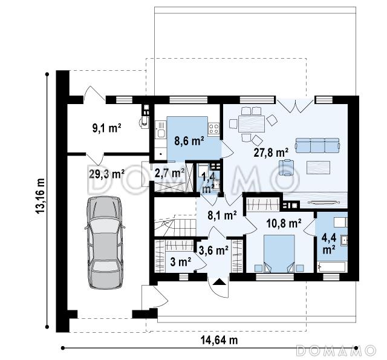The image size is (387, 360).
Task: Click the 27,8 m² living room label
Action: [x=271, y=152]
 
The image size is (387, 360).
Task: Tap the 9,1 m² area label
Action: [x=106, y=128]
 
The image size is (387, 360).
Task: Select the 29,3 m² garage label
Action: [x=106, y=174]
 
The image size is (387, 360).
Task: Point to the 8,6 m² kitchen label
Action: [x=189, y=141]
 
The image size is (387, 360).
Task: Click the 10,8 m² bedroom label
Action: [x=284, y=223]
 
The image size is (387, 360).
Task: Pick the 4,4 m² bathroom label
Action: [x=329, y=244]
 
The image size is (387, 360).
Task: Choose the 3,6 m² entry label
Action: [x=213, y=250]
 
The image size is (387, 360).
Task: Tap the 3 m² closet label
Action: [x=181, y=262]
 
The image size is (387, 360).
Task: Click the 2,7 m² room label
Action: [x=169, y=173]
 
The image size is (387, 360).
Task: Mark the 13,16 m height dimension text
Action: [x=40, y=196]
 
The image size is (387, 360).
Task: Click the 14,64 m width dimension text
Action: [x=219, y=340]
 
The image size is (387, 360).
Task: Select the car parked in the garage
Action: [x=105, y=243]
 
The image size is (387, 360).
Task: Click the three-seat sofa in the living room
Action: [x=317, y=145]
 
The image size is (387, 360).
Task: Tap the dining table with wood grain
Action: [x=252, y=123]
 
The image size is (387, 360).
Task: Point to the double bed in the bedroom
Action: [x=279, y=254]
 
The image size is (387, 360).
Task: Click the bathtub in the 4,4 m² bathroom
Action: [x=331, y=267]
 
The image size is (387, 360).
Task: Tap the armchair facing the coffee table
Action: [x=286, y=168]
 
